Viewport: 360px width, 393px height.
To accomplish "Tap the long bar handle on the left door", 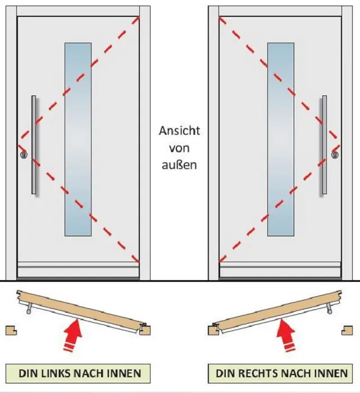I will tap(34, 145).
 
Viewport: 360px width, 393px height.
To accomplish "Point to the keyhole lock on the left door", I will tap(23, 155).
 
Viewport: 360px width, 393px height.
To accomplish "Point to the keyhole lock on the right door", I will tap(335, 155).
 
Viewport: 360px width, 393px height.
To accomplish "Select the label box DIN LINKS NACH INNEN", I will tap(73, 373).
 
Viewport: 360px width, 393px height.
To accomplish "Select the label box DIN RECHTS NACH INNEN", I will tap(281, 373).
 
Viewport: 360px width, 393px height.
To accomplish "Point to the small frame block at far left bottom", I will tap(10, 330).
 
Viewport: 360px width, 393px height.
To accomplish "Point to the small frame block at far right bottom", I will tap(349, 330).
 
